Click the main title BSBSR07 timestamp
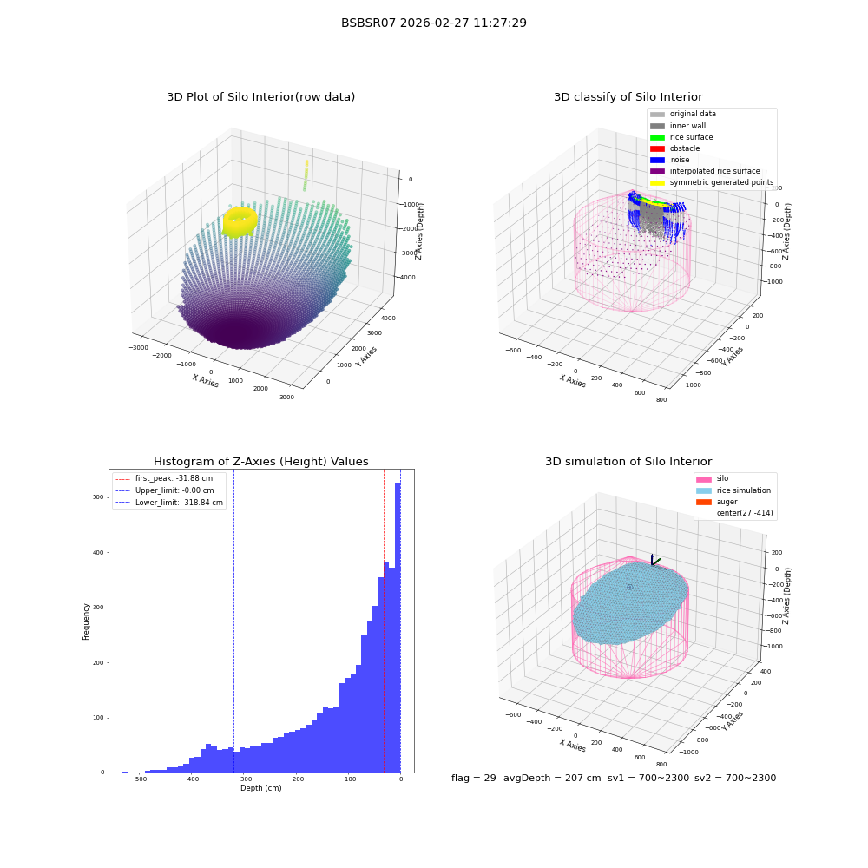[x=433, y=23]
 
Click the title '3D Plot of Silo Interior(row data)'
[x=260, y=97]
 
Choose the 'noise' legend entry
[x=669, y=160]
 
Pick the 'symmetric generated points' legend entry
[x=712, y=182]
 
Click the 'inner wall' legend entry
[x=678, y=126]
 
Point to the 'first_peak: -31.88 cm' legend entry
[x=164, y=478]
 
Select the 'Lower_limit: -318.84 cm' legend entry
[x=169, y=503]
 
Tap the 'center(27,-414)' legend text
[x=745, y=513]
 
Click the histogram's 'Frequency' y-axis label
[x=86, y=621]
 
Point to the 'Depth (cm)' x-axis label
[x=260, y=788]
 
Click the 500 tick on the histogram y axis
[x=98, y=497]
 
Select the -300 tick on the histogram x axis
[x=243, y=779]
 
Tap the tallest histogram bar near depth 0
[x=398, y=628]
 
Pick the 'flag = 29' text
[x=473, y=778]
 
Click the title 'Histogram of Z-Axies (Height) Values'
[x=260, y=462]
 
